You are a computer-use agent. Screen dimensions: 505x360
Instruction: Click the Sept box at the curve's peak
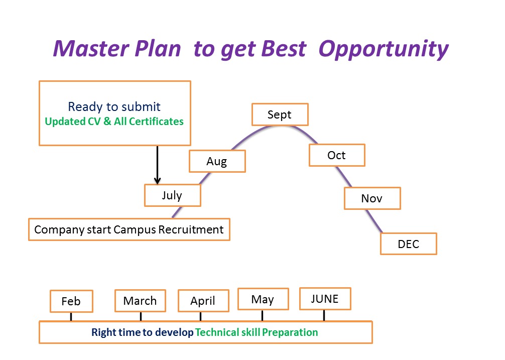click(x=280, y=114)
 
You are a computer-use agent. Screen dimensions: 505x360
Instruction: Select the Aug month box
click(x=217, y=161)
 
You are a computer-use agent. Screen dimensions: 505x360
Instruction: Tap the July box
click(x=173, y=195)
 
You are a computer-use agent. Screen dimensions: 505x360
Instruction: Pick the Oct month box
click(x=337, y=155)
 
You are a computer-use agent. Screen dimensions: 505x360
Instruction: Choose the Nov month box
click(x=372, y=198)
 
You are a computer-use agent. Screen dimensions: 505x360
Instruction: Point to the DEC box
click(x=409, y=244)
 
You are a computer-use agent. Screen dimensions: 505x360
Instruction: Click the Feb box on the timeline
click(x=71, y=301)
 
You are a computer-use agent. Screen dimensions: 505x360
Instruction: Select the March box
click(x=140, y=300)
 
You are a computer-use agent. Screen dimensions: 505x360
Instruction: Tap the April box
click(x=203, y=300)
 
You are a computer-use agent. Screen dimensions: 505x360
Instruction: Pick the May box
click(x=263, y=299)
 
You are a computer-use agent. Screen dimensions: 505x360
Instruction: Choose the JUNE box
click(x=325, y=299)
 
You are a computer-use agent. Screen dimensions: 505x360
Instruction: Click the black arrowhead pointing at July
click(x=157, y=181)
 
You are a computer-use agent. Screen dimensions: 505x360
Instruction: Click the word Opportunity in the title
click(x=383, y=49)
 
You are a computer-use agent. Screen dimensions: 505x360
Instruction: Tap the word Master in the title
click(x=91, y=49)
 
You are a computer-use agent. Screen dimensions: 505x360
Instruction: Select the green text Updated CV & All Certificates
click(x=114, y=122)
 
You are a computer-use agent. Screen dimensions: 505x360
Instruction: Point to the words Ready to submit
click(x=114, y=106)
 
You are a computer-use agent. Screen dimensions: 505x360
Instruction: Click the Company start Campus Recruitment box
click(x=129, y=229)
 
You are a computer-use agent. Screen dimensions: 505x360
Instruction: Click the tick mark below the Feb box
click(x=71, y=316)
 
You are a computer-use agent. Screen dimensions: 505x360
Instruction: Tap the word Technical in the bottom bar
click(x=217, y=332)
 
